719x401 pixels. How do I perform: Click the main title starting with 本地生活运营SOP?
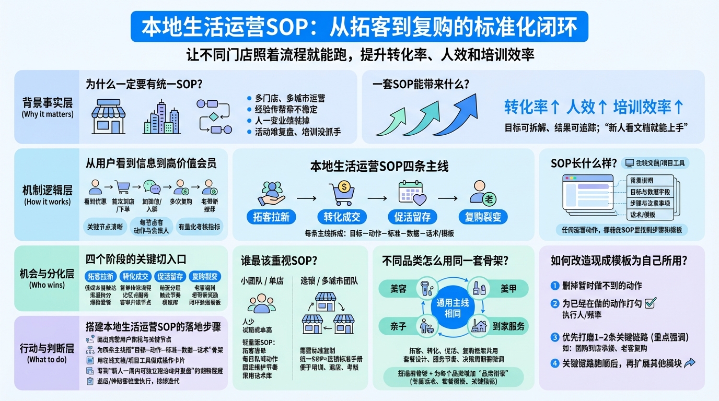pyautogui.click(x=359, y=27)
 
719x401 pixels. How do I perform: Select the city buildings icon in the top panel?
pyautogui.click(x=161, y=117)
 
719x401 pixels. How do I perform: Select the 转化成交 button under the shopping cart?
pyautogui.click(x=342, y=217)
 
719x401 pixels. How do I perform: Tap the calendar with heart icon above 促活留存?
pyautogui.click(x=412, y=192)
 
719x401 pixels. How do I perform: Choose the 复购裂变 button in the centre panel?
pyautogui.click(x=483, y=217)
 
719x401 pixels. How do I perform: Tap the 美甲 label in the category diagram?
pyautogui.click(x=508, y=288)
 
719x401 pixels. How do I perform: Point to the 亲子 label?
pyautogui.click(x=398, y=326)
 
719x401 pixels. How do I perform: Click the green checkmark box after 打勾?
pyautogui.click(x=651, y=303)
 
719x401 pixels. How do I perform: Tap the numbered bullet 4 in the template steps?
pyautogui.click(x=555, y=363)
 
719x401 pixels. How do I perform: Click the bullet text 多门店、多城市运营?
pyautogui.click(x=290, y=98)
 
